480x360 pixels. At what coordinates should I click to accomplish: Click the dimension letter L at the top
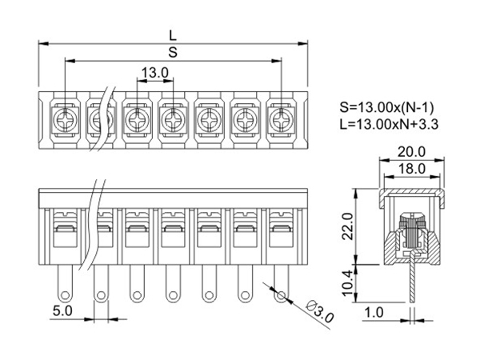click(173, 34)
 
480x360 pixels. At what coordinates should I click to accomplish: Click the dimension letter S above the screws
click(173, 52)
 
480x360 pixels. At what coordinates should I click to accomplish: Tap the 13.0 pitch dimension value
click(155, 73)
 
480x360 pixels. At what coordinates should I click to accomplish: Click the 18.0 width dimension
click(411, 169)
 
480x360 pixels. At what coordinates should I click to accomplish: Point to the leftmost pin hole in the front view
click(63, 296)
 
